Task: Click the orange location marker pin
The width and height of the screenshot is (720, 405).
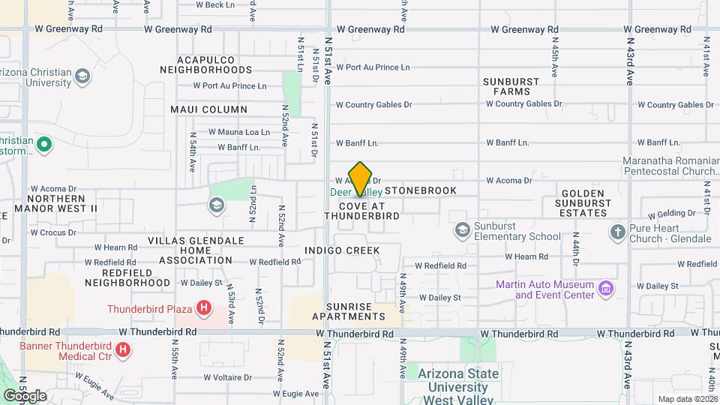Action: point(361,178)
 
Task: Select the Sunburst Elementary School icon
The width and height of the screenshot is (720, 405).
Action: point(463,229)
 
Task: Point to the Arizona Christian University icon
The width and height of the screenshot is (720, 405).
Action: point(82,76)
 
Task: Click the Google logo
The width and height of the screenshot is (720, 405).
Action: point(25,395)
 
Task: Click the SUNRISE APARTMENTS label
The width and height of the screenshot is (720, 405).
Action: point(349,312)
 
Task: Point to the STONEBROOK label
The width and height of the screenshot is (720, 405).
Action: point(421,190)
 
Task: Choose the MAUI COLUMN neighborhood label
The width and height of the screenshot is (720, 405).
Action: point(203,109)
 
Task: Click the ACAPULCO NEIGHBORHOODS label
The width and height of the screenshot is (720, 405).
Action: point(205,64)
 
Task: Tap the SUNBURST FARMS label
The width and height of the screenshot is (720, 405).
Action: point(506,86)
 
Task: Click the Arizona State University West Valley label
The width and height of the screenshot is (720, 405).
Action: point(457,380)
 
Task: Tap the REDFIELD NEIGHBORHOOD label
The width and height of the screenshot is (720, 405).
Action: point(127,277)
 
